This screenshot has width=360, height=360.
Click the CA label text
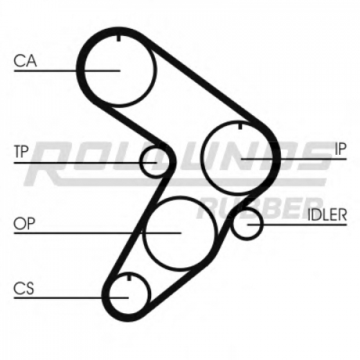pos(25,60)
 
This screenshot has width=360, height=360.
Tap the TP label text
pos(22,151)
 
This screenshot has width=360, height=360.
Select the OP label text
pos(24,223)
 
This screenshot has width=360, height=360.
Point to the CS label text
pos(24,288)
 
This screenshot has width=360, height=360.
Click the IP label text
pos(341,149)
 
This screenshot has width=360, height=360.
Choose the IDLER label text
pos(328,215)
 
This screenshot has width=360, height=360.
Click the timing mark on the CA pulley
pos(119,38)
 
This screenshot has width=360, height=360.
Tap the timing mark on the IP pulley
pos(240,126)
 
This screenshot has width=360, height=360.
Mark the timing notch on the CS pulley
pos(129,277)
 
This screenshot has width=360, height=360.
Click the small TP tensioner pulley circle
pos(140,162)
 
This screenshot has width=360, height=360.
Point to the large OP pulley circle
pos(143,233)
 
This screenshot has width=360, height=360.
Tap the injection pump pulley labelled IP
pos(202,157)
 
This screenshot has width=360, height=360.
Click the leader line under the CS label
pos(71,298)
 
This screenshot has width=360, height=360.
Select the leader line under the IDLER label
pos(297,225)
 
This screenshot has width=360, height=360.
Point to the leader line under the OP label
pos(97,233)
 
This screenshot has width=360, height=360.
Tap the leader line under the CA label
pos(67,71)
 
